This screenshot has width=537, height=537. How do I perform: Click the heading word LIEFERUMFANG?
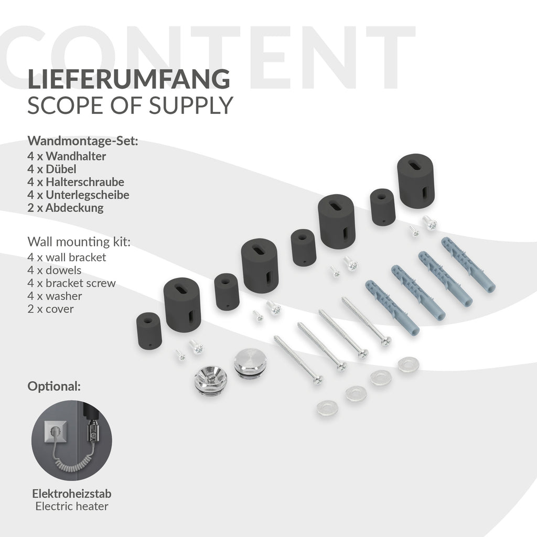128,79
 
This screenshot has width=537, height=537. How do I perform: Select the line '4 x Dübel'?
52,169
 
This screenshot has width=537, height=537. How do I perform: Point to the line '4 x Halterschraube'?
76,182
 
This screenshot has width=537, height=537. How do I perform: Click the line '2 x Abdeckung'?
66,208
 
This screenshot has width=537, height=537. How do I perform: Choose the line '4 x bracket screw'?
71,283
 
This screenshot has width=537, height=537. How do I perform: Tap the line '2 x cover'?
50,309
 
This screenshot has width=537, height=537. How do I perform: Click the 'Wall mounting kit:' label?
79,242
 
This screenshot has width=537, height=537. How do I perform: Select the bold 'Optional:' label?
54,386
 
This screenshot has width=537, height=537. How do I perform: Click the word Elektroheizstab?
71,494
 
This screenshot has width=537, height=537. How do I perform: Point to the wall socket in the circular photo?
56,432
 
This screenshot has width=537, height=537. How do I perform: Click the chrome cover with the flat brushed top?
250,362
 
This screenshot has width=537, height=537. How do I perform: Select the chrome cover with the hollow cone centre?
211,381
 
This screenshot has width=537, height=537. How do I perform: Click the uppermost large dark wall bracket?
416,181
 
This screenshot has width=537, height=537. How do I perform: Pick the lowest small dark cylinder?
149,331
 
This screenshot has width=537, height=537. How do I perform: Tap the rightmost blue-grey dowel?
468,264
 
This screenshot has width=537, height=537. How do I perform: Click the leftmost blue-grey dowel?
392,307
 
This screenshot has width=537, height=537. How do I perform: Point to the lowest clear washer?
327,408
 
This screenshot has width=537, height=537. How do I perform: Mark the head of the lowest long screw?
318,380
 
